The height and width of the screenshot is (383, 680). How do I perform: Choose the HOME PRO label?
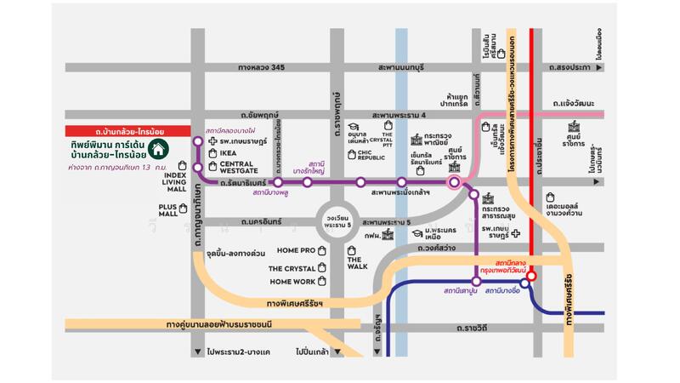point(296,250)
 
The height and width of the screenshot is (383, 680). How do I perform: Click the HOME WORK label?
point(292,281)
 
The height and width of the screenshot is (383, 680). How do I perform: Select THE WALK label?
point(356,263)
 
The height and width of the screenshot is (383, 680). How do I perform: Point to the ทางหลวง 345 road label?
point(261,67)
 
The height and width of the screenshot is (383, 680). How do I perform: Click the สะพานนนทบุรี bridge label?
point(401,67)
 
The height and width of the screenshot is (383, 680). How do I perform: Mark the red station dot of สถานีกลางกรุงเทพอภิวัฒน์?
point(531,276)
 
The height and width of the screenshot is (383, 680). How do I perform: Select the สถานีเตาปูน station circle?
point(476,281)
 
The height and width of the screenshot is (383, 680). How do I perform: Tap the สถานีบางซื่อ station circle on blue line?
point(524,283)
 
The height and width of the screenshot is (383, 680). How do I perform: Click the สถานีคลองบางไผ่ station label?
point(231,131)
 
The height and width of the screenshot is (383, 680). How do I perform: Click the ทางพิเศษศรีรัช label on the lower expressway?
point(294,303)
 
